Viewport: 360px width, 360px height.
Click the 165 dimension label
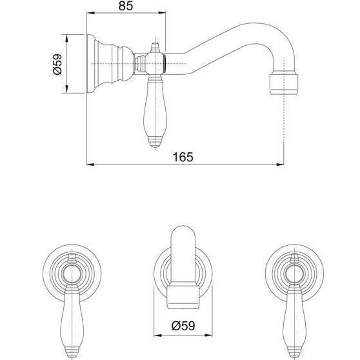pyautogui.click(x=183, y=157)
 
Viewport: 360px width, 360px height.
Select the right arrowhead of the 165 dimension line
pyautogui.click(x=281, y=165)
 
